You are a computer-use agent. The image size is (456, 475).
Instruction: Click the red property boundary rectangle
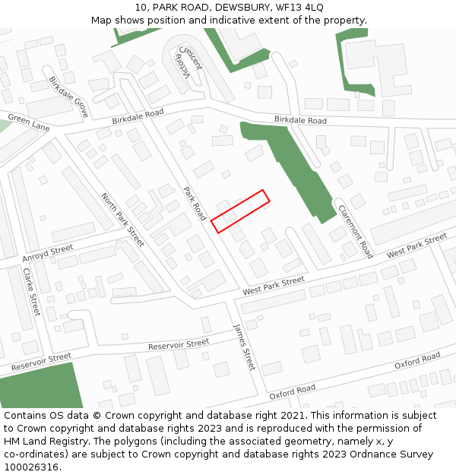click(240, 211)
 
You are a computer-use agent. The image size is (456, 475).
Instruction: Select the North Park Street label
click(122, 220)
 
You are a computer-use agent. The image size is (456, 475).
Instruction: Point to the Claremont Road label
click(355, 231)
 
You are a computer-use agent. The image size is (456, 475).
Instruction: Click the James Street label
click(245, 347)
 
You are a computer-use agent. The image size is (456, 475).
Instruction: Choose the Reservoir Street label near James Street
click(179, 344)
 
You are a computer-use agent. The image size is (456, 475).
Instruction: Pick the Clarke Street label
click(31, 292)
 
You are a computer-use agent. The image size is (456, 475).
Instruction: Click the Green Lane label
click(28, 123)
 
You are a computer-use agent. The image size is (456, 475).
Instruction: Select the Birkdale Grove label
click(68, 97)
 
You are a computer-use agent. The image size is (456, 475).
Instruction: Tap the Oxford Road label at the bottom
click(292, 392)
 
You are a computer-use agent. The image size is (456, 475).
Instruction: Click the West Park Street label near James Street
click(274, 286)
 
